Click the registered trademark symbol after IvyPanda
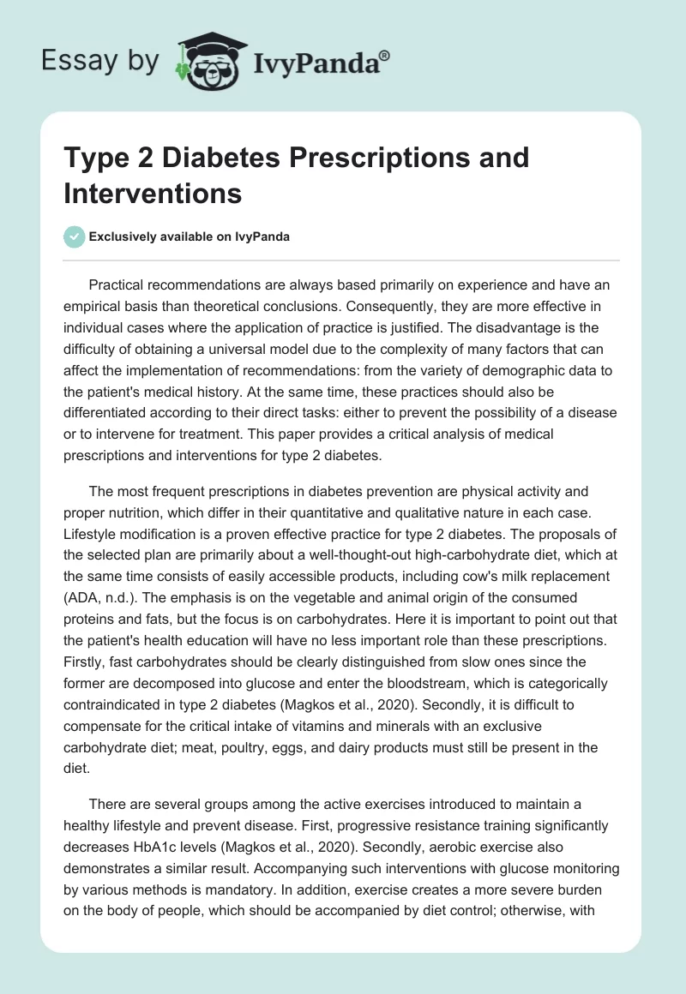tap(385, 55)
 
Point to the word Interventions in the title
tap(152, 193)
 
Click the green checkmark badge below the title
tap(75, 237)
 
